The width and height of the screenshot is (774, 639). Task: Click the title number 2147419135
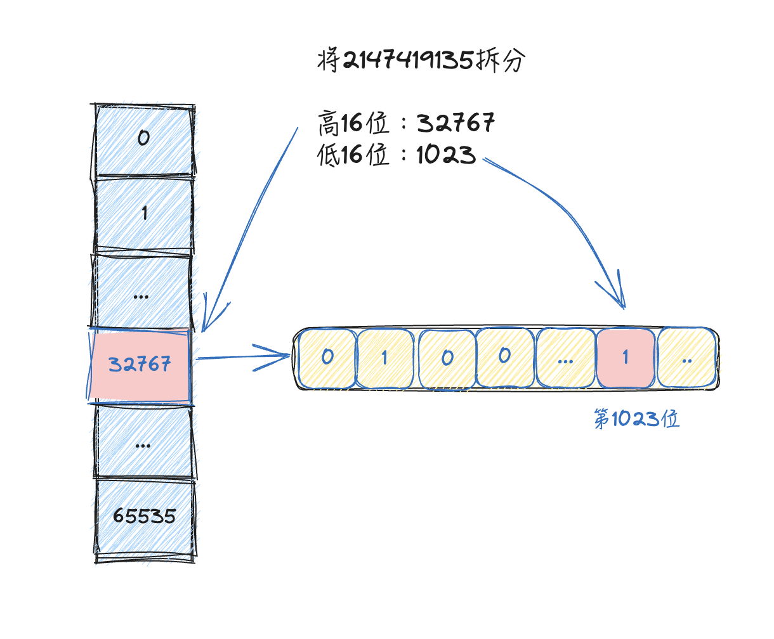[x=408, y=61]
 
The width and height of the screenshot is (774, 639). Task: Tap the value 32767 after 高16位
[x=456, y=123]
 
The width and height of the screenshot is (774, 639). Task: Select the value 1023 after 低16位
[x=446, y=155]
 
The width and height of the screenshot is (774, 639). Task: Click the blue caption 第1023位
[x=636, y=419]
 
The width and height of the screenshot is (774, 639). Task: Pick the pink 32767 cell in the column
[x=140, y=365]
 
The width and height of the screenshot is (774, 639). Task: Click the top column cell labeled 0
[x=143, y=138]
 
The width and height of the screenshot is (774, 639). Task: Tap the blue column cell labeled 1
[x=143, y=214]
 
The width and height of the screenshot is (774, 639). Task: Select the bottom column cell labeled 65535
[x=144, y=516]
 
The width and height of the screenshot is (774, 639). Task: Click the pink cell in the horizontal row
[x=625, y=358]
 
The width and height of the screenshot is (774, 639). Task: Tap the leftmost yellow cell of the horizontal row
[x=327, y=358]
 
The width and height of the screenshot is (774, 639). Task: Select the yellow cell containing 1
[x=384, y=358]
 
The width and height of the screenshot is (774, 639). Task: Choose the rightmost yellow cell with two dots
[x=686, y=358]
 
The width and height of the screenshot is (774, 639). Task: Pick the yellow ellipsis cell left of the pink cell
[x=565, y=358]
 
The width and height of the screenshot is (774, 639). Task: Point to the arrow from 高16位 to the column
[x=251, y=228]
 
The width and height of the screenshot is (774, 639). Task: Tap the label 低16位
[x=353, y=155]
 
